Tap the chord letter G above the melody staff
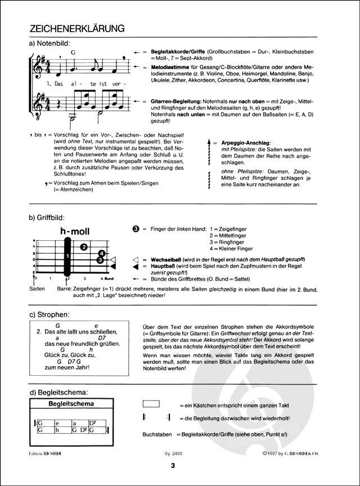click(73, 52)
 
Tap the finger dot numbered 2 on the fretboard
click(83, 246)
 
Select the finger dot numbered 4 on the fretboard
click(101, 253)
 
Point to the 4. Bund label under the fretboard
click(107, 278)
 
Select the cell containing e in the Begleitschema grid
click(56, 423)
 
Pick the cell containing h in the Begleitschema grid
click(56, 431)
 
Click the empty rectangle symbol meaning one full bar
click(151, 404)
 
